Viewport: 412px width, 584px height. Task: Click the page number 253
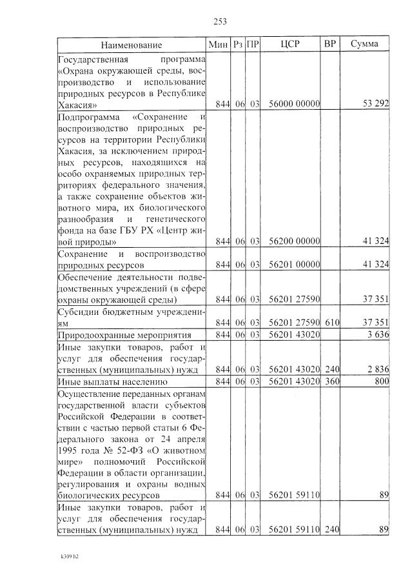point(220,22)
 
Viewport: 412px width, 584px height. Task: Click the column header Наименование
point(131,45)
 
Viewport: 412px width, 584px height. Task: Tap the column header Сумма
point(364,44)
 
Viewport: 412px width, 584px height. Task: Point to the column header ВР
point(330,44)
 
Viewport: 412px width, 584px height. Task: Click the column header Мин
point(215,44)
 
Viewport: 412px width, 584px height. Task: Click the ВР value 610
point(331,322)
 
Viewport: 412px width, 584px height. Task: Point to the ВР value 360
point(331,381)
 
